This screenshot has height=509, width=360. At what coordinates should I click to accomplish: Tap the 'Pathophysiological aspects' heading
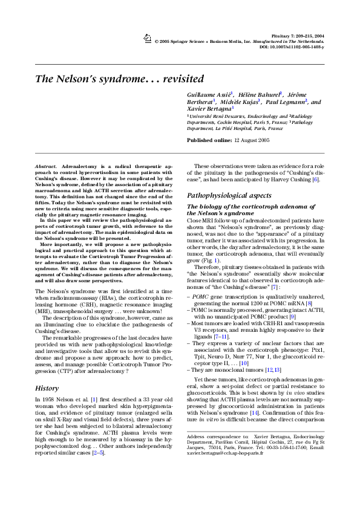[229, 196]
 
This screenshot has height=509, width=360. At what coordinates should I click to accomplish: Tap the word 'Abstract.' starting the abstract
[47, 164]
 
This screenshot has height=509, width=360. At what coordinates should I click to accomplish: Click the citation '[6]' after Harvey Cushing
[315, 180]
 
